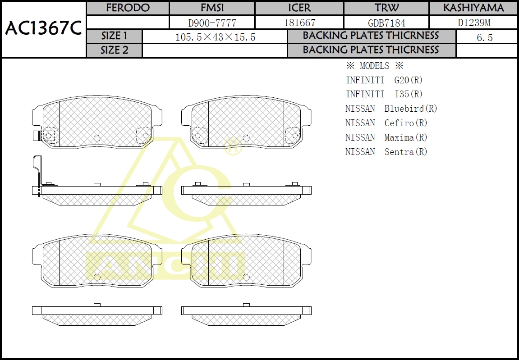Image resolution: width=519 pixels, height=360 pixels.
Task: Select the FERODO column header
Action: point(128,8)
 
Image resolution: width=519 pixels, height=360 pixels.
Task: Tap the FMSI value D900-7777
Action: point(212,23)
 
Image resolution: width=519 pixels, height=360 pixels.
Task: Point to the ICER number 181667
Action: point(299,23)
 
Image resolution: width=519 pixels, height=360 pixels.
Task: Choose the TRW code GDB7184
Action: point(386,23)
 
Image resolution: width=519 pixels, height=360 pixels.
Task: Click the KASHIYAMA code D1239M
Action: point(474,23)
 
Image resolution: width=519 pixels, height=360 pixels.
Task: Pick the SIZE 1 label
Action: point(114,36)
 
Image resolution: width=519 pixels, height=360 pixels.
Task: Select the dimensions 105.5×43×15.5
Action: point(215,37)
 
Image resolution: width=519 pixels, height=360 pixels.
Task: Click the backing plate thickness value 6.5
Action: point(485,37)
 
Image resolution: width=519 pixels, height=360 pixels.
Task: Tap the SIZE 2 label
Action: point(114,50)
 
